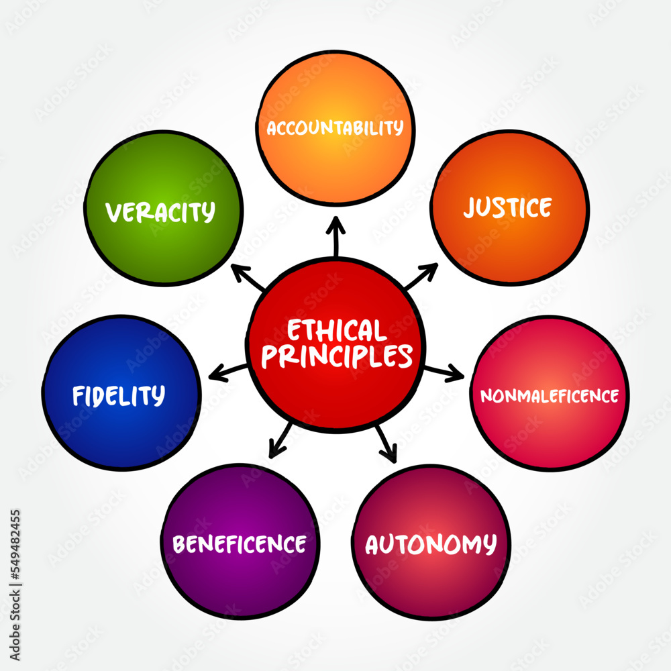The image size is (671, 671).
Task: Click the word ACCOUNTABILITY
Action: tap(335, 127)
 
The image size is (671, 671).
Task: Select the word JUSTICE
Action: tap(508, 207)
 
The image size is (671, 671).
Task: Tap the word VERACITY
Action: tap(160, 212)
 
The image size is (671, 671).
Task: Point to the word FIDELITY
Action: tap(119, 395)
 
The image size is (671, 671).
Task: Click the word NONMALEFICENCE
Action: tap(550, 396)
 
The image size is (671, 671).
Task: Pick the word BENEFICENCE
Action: tap(240, 544)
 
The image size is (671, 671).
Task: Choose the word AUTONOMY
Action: tap(431, 544)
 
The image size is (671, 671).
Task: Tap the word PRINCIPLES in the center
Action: tap(336, 356)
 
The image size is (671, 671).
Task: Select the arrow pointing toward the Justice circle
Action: tap(421, 276)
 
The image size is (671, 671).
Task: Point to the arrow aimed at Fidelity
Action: tap(228, 370)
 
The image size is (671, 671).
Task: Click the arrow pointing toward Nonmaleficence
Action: tap(444, 371)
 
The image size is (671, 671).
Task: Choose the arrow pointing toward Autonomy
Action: tap(386, 444)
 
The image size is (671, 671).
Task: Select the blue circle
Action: tap(121, 429)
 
